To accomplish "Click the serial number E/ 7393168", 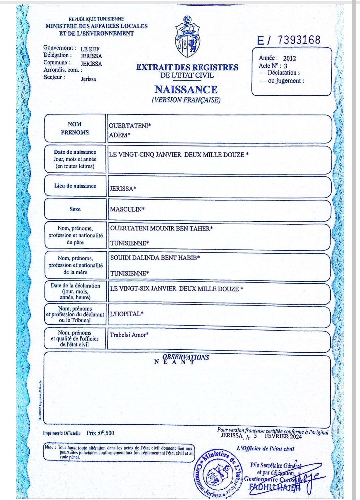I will click(289, 40).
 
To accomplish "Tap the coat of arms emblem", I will click(188, 37).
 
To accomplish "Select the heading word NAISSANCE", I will click(186, 89).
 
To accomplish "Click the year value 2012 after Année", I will click(289, 58).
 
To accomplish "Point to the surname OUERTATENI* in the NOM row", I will click(130, 126).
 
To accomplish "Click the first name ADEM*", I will click(119, 135).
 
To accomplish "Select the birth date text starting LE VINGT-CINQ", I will click(179, 155).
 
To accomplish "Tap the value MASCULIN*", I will click(127, 209).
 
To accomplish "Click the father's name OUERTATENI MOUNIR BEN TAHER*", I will click(161, 228).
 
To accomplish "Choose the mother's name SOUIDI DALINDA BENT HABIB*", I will click(155, 258).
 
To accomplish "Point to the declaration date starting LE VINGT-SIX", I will click(176, 289).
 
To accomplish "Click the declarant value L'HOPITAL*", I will click(126, 314).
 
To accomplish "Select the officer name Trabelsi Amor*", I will click(129, 335).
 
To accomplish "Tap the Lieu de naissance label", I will click(75, 186).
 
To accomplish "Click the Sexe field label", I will click(75, 209).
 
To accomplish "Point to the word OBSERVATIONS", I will click(186, 357).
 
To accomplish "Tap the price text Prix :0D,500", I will click(100, 433).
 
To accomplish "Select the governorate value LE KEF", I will click(90, 49).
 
